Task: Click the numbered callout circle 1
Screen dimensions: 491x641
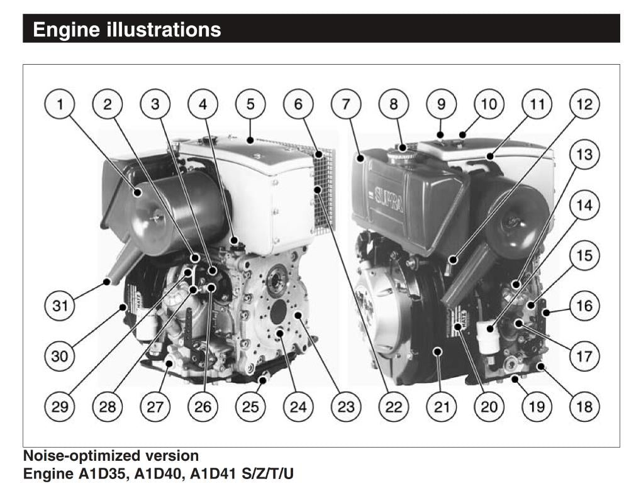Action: click(60, 104)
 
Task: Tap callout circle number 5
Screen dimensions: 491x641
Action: click(250, 104)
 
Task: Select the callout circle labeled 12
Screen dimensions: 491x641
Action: click(584, 104)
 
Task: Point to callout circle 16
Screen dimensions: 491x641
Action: click(584, 306)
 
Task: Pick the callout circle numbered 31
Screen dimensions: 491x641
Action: click(60, 306)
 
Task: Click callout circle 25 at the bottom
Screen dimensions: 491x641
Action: click(250, 407)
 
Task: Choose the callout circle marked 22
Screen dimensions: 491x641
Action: click(394, 407)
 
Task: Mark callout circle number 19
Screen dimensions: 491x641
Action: click(537, 407)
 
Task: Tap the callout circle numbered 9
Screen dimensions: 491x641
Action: click(441, 104)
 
